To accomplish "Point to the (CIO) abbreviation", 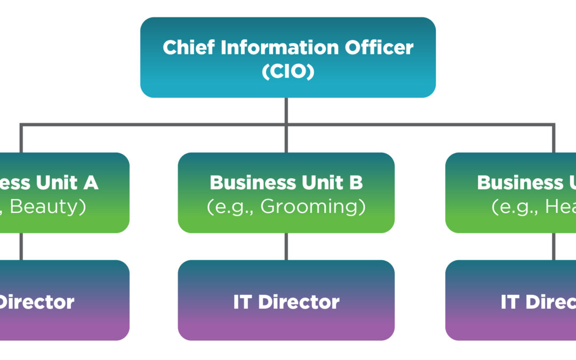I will [288, 71].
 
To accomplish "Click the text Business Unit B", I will [286, 182].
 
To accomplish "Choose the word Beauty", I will [48, 207].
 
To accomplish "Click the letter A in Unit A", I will [91, 182].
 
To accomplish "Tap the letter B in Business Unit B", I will [356, 182].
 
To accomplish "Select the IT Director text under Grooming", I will [286, 302].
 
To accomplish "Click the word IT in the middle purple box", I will [243, 302].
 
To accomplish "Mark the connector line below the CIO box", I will [286, 111].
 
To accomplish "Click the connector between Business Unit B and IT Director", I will [286, 246].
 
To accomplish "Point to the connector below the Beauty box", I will [21, 246].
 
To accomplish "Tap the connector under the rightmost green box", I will [554, 246].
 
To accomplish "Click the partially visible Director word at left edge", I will [36, 302].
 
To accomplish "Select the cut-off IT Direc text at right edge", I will [538, 302].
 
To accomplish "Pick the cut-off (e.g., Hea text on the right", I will [533, 207].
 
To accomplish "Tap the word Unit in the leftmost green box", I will [56, 182].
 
